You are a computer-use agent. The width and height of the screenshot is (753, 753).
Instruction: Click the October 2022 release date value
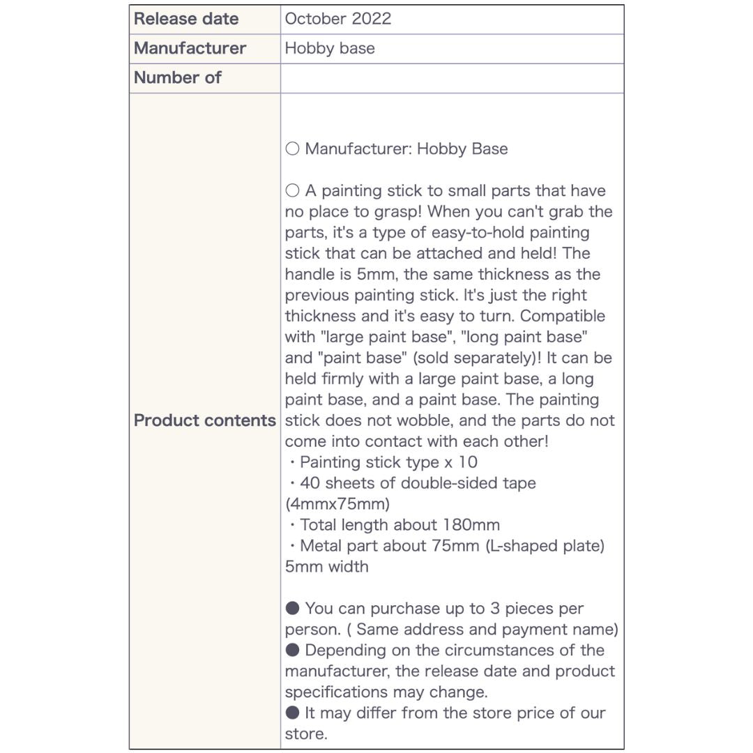coord(338,19)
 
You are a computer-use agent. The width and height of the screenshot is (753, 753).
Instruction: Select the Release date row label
coord(186,19)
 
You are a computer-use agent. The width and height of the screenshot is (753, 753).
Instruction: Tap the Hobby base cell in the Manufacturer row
coord(330,48)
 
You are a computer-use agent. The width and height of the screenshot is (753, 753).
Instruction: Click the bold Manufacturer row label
coord(190,48)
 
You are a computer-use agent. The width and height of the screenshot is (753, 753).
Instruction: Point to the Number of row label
coord(177,77)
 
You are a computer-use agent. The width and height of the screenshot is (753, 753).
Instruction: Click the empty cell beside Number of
coord(452,77)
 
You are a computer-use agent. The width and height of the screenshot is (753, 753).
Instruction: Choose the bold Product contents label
coord(205,420)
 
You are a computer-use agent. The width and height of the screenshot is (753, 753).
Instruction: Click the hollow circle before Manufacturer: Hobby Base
coord(292,149)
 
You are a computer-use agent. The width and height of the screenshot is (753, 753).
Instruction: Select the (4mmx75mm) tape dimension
coord(337,504)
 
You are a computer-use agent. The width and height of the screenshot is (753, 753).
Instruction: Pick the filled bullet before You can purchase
coord(292,609)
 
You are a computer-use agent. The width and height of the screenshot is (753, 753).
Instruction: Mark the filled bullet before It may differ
coord(292,713)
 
